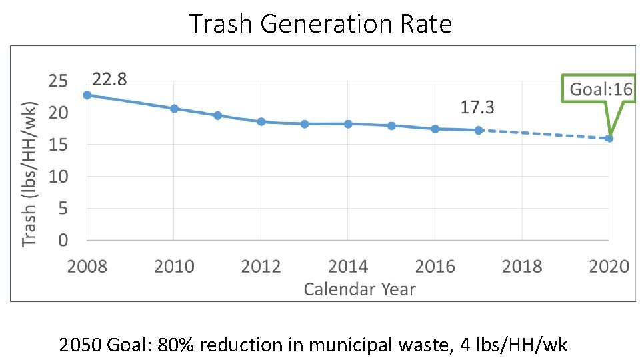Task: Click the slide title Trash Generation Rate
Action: (321, 24)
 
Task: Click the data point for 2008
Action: (87, 95)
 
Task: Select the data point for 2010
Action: (174, 108)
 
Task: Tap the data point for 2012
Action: (261, 121)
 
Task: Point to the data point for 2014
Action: (348, 123)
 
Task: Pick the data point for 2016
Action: (435, 129)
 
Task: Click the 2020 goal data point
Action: (609, 138)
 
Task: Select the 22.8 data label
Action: (110, 80)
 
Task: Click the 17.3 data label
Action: (477, 107)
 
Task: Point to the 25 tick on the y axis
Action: (59, 81)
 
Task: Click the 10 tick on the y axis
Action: (59, 177)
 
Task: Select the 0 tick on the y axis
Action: (63, 239)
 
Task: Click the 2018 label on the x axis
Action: (522, 267)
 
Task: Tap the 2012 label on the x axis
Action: (261, 267)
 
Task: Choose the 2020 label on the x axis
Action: (609, 267)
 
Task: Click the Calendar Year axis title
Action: (359, 289)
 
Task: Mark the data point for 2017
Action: (479, 130)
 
